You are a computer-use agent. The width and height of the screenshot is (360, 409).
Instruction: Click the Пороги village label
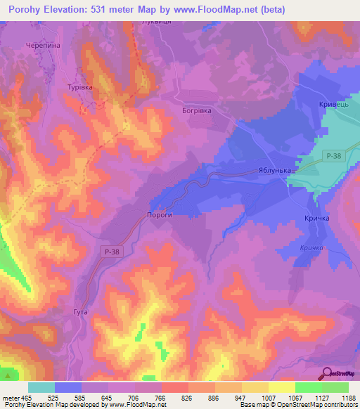tap(159, 217)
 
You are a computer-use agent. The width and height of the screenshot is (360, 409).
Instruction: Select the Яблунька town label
tap(275, 170)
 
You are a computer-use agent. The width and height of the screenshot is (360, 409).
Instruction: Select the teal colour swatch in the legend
tap(41, 387)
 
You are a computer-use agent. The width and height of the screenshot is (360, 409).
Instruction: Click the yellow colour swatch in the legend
tap(255, 387)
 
